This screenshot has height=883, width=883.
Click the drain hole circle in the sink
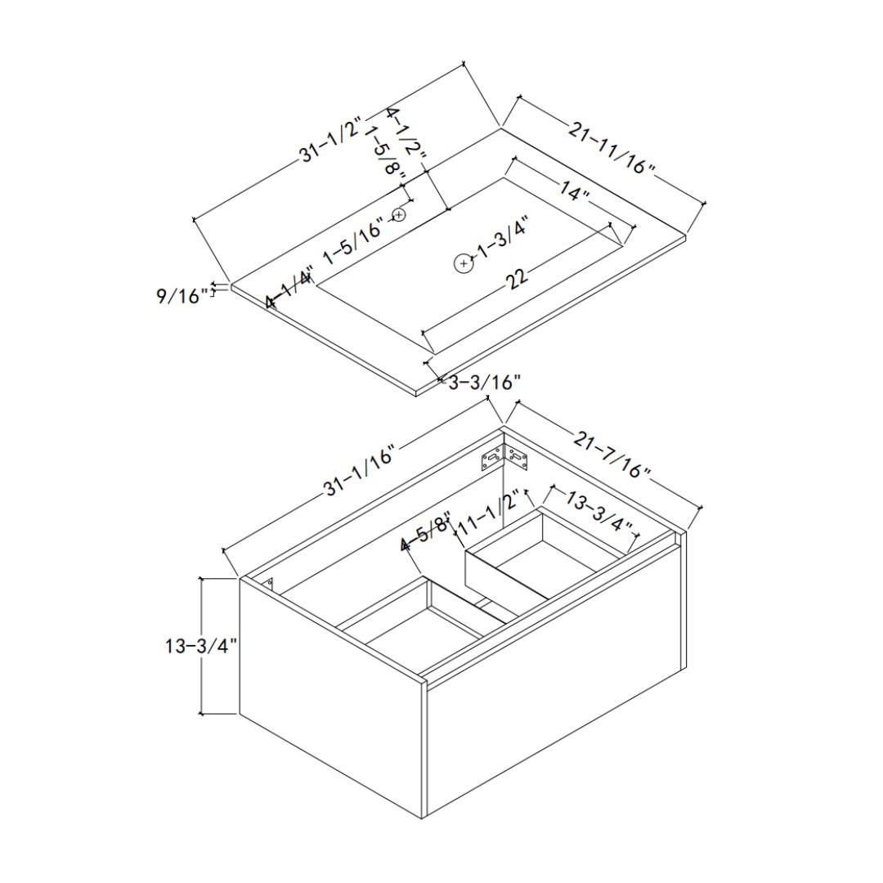tap(464, 263)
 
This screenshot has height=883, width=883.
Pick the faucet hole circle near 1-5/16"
tap(399, 215)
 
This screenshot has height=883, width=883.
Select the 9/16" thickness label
tap(182, 296)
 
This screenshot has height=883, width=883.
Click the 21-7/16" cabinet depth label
tap(612, 455)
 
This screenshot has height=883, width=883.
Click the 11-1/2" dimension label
tap(488, 513)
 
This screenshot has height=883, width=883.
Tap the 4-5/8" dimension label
tap(425, 533)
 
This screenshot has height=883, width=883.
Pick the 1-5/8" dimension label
tap(385, 153)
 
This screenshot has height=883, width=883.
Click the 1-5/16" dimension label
tap(352, 243)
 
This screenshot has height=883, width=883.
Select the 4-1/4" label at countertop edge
tap(289, 287)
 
